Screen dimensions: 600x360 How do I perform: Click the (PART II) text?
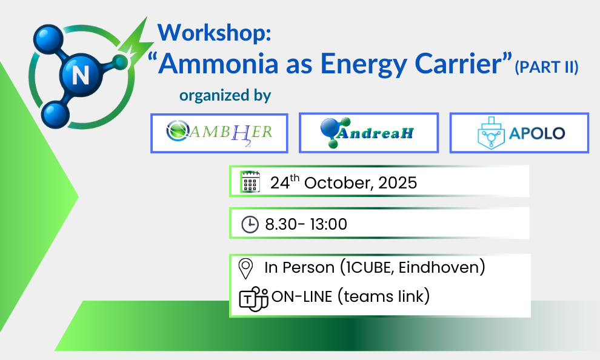(547, 67)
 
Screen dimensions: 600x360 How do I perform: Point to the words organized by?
(225, 96)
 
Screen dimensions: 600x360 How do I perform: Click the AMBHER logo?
(219, 133)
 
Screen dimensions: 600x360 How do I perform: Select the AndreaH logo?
(368, 133)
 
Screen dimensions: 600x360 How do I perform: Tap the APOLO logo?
(521, 133)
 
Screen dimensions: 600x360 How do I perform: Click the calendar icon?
(250, 182)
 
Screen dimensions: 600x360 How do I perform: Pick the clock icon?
(250, 224)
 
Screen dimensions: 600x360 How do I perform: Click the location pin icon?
(245, 268)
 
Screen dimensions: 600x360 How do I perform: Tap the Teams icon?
(253, 298)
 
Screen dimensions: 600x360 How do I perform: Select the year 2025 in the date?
(398, 183)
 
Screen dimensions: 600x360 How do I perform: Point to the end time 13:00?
(328, 224)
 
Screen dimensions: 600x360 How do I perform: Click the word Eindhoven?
(439, 267)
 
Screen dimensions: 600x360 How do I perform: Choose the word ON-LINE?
(302, 296)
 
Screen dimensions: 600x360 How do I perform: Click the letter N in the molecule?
(81, 75)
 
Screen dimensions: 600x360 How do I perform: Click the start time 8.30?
(281, 224)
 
